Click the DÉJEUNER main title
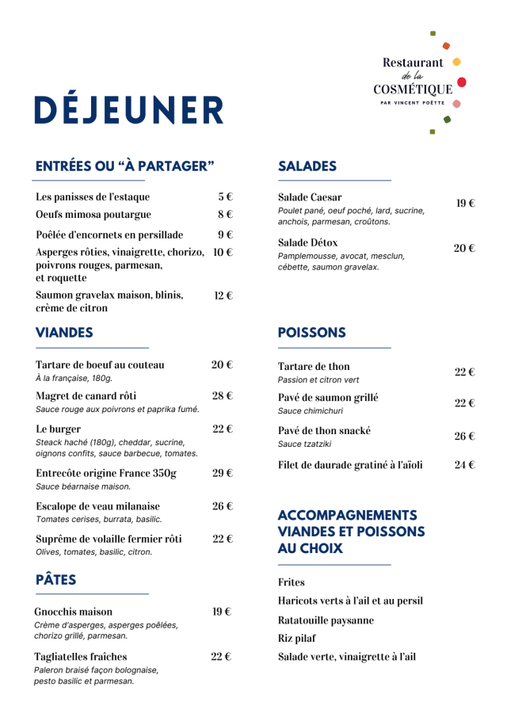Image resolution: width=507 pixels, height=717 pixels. click(129, 110)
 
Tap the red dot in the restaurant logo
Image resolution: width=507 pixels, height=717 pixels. click(462, 82)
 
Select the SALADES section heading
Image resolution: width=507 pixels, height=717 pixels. click(307, 166)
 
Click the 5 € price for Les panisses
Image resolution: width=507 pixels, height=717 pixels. click(225, 196)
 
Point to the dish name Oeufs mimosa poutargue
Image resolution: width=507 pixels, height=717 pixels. click(93, 214)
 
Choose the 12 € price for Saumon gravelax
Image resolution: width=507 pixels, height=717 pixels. click(223, 296)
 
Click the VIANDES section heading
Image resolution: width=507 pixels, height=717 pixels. click(64, 333)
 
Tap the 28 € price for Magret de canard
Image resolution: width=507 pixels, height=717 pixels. click(222, 395)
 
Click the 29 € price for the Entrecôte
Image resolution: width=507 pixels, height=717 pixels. click(222, 473)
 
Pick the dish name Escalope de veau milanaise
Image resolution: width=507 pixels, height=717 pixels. click(97, 505)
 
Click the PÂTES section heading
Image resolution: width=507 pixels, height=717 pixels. click(56, 580)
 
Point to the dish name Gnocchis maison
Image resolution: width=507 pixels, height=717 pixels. click(74, 612)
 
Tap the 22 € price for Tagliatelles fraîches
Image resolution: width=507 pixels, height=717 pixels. click(222, 656)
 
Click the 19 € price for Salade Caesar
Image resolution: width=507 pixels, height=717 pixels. click(465, 204)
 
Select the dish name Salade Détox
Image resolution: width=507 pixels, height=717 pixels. click(307, 242)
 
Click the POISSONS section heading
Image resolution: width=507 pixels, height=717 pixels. click(311, 333)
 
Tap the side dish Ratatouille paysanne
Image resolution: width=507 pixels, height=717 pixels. click(326, 620)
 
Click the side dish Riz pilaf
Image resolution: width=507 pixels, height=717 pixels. click(296, 638)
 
